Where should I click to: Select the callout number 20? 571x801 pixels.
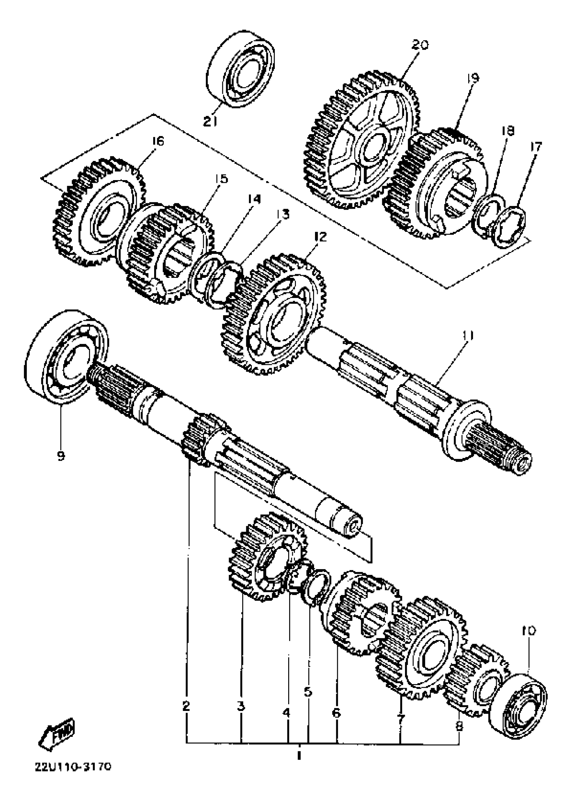pyautogui.click(x=420, y=45)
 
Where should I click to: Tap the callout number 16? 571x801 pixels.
pyautogui.click(x=158, y=141)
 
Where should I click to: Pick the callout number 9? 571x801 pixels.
pyautogui.click(x=60, y=456)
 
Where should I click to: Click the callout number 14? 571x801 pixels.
pyautogui.click(x=254, y=199)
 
